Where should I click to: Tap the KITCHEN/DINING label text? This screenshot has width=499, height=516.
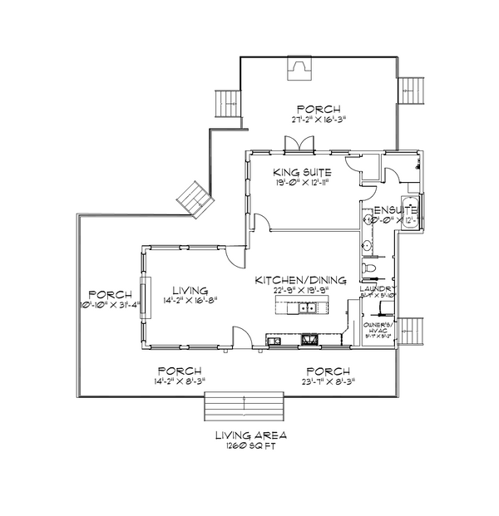coord(300,281)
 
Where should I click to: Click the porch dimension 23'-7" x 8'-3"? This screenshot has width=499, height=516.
coord(327,381)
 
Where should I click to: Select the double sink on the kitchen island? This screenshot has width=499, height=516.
coord(306,309)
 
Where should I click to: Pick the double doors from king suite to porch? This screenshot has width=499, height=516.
coord(298,145)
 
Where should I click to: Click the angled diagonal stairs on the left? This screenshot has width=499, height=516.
coord(195,199)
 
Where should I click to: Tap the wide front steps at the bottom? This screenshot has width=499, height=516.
coord(245,407)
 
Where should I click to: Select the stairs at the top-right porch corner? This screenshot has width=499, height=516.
coord(409,91)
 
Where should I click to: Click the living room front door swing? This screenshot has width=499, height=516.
coord(240,337)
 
